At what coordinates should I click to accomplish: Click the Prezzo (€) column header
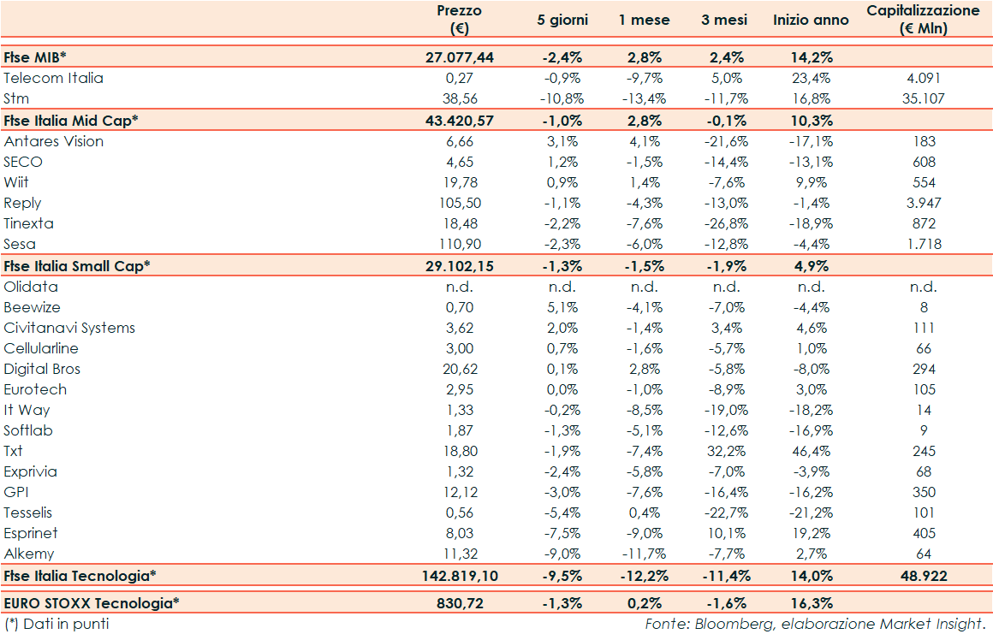tap(459, 20)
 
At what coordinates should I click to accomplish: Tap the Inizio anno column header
tap(811, 20)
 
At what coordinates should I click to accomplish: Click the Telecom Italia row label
tap(53, 78)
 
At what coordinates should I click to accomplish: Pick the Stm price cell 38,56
tap(459, 98)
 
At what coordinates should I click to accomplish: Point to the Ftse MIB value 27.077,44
tap(459, 57)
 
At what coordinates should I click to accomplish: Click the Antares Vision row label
tap(54, 141)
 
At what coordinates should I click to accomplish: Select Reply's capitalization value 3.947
tap(923, 203)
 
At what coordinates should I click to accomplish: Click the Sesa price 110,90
tap(459, 244)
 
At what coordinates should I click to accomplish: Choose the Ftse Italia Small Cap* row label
tap(77, 265)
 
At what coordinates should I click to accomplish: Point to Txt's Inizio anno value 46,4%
tap(811, 451)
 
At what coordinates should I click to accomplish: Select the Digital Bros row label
tap(42, 369)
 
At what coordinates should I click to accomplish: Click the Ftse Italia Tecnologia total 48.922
tap(923, 576)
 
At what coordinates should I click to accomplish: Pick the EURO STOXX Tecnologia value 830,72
tap(459, 603)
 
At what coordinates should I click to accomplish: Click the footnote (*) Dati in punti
tap(57, 624)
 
